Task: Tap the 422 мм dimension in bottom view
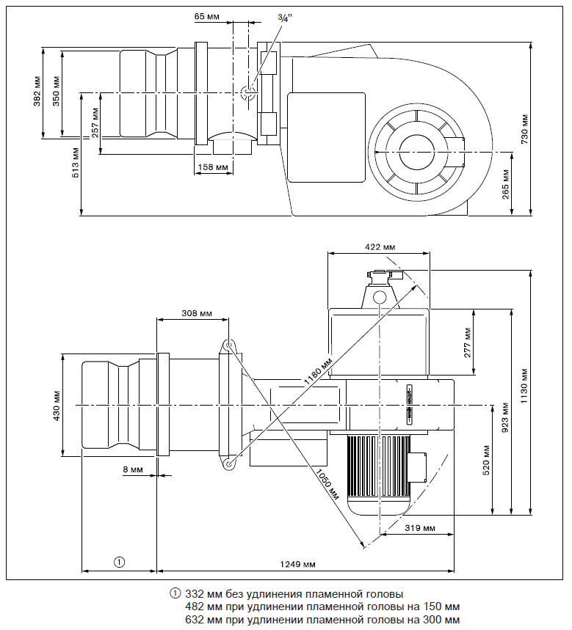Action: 380,247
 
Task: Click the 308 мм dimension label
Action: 196,313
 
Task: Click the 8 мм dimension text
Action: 134,468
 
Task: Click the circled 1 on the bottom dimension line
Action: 118,563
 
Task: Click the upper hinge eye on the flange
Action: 228,345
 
